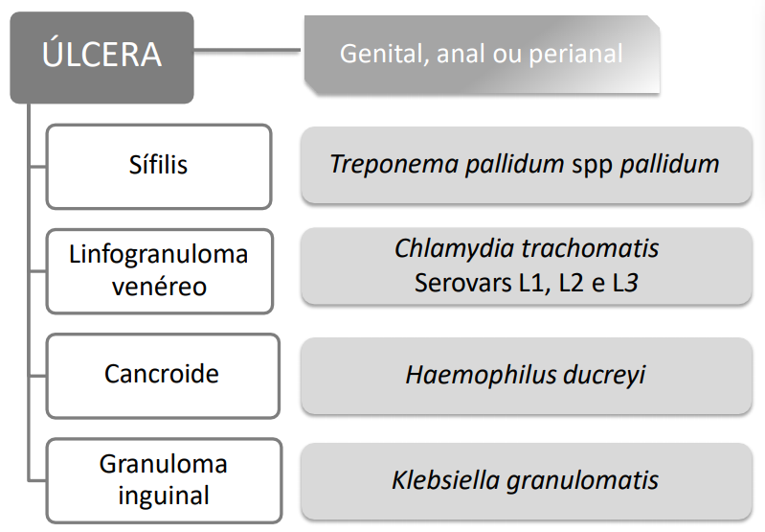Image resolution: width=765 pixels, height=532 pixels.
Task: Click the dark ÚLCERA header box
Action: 101,56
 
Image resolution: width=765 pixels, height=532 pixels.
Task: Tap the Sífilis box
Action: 159,165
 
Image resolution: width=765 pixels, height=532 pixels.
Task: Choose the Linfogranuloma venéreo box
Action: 159,270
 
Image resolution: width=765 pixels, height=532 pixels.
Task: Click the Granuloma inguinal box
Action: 163,479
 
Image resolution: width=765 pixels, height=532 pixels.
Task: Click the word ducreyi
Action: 604,374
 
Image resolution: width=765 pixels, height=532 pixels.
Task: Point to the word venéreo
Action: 159,286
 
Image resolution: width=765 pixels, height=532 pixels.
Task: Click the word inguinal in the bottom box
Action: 163,497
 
